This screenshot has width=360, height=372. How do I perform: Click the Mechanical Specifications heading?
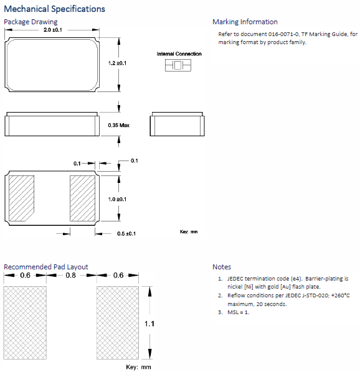(54, 9)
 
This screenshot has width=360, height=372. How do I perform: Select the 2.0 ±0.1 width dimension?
(53, 30)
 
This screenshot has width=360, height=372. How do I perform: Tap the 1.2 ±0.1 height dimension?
(117, 63)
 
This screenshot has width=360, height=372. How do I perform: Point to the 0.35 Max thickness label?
(119, 125)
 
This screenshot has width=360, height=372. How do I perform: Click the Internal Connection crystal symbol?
(178, 65)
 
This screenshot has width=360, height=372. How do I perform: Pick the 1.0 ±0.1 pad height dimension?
(117, 199)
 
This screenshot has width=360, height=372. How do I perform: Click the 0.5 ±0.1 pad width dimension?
(126, 234)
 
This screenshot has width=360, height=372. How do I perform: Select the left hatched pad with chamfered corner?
(21, 198)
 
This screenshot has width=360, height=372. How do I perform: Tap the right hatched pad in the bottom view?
(83, 198)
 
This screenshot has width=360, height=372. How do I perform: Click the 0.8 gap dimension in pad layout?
(71, 275)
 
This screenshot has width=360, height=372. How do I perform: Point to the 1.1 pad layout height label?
(149, 323)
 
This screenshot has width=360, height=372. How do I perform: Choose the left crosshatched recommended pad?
(25, 323)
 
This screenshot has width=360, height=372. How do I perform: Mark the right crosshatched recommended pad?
(118, 323)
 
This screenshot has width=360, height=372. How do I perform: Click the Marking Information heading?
(245, 22)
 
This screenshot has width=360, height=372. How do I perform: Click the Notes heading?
(222, 267)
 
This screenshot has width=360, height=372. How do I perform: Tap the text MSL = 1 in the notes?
(238, 312)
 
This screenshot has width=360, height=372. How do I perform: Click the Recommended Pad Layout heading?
(46, 267)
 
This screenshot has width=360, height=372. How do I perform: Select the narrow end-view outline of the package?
(177, 124)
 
